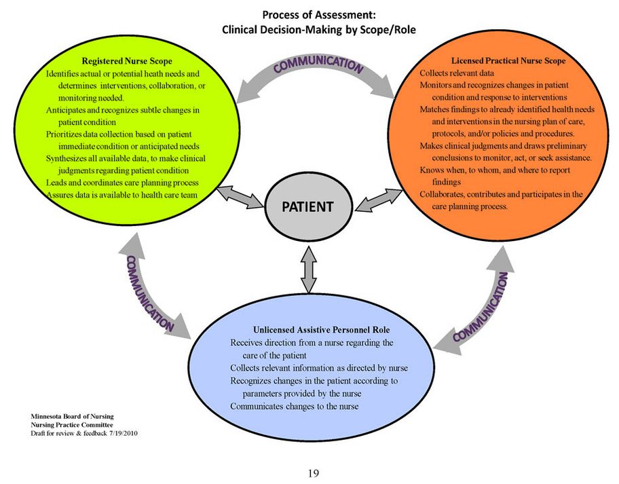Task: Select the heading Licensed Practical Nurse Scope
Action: [508, 60]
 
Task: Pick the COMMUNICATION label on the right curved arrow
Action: [482, 306]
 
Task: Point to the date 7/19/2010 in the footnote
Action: [125, 432]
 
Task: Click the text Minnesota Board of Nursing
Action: [72, 415]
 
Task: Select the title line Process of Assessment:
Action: [318, 14]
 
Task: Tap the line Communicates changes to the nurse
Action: [294, 406]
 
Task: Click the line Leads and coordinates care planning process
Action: [122, 183]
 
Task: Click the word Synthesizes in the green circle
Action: [70, 158]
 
